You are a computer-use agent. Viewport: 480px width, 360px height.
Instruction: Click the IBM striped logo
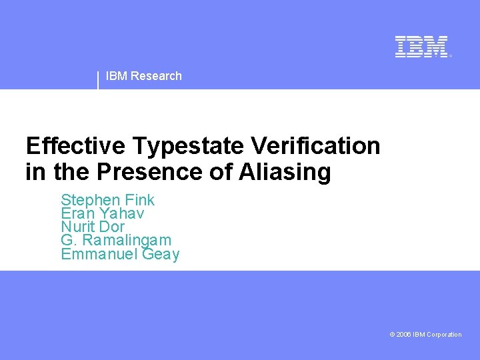421,47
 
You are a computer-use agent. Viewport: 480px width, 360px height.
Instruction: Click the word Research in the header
156,76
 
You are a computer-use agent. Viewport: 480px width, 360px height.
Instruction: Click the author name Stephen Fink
107,200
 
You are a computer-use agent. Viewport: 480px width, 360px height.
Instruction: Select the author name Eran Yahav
102,213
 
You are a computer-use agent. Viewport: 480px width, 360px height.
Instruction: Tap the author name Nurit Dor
93,227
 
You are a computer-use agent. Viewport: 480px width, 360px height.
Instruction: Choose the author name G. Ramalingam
116,241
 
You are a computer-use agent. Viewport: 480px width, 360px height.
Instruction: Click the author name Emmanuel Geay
120,254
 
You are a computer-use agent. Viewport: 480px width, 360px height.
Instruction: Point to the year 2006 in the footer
403,335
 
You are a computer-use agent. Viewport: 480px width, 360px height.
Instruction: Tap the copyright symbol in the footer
392,335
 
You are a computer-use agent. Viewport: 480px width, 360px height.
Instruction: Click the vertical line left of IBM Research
98,79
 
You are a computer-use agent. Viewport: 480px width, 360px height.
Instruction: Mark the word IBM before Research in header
117,76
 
